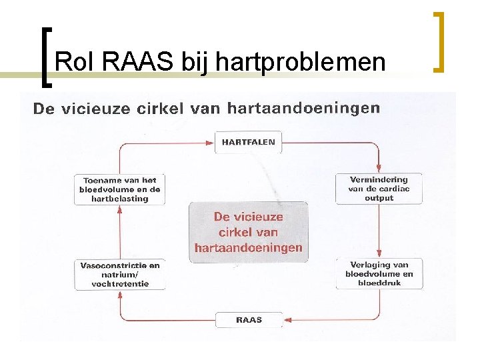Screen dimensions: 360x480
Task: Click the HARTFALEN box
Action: [x=248, y=142]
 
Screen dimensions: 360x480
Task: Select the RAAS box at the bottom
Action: [x=249, y=320]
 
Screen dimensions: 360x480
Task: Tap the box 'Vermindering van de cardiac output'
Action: [x=379, y=189]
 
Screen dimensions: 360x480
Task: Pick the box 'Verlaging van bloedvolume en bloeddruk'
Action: [x=379, y=274]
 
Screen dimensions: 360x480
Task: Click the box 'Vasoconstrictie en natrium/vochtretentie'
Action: [x=120, y=275]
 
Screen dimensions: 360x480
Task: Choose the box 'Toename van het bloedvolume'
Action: [x=120, y=189]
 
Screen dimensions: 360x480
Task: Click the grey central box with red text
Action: [x=248, y=232]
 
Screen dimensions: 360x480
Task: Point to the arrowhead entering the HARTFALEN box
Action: [x=210, y=142]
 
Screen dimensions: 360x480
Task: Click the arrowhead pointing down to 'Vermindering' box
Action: [x=379, y=167]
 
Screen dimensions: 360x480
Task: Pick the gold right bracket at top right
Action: [x=439, y=41]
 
